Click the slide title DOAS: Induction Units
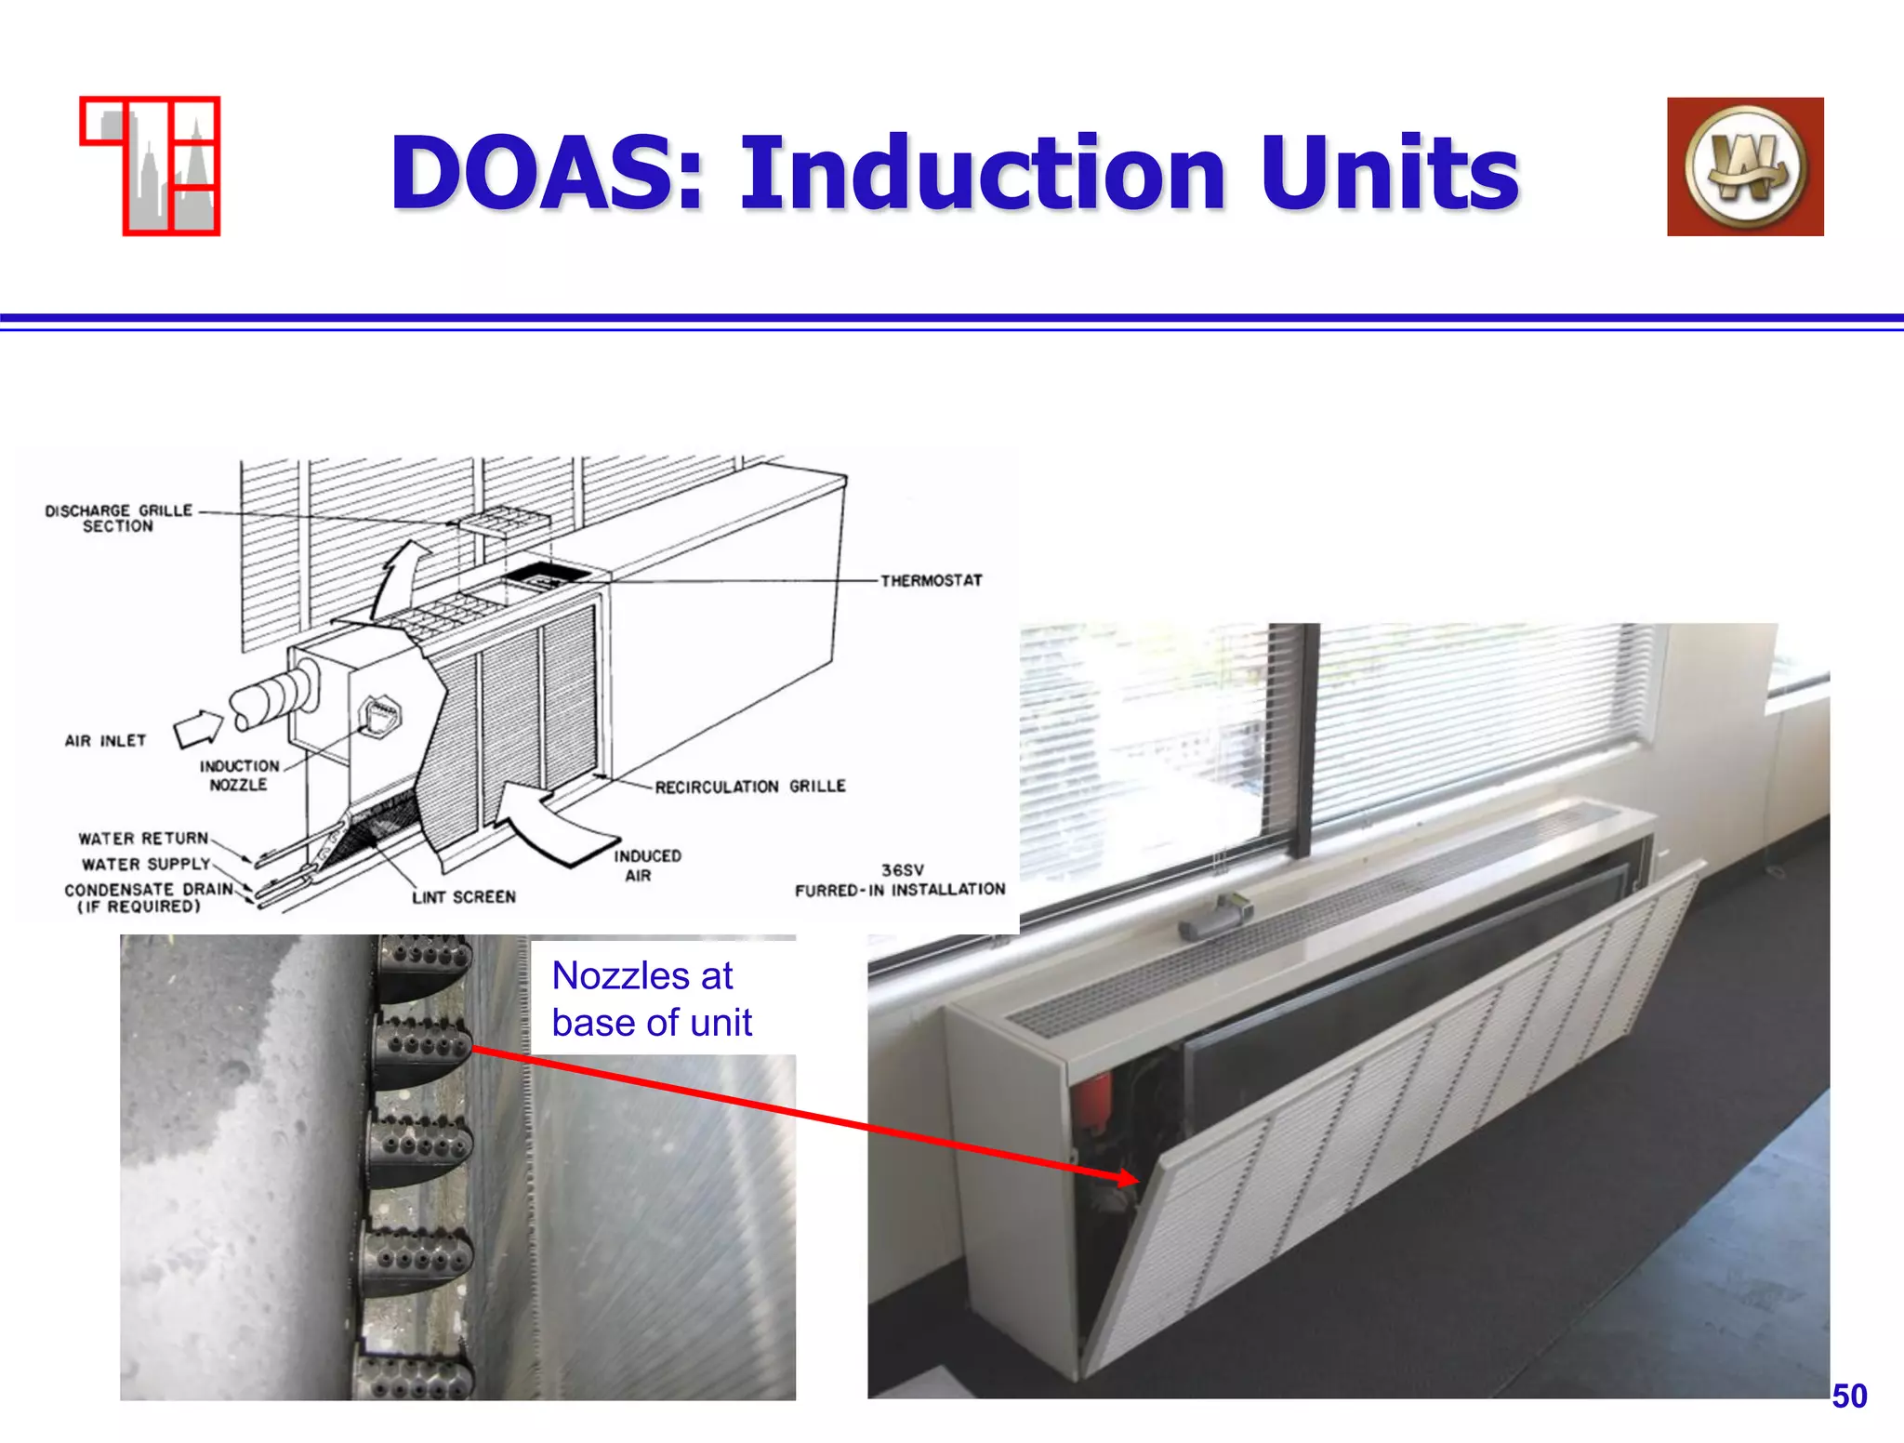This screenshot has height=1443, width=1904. pyautogui.click(x=954, y=173)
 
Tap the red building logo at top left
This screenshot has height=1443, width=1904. pyautogui.click(x=151, y=165)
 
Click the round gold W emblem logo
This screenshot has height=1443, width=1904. pyautogui.click(x=1745, y=166)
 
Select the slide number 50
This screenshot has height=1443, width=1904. pyautogui.click(x=1849, y=1396)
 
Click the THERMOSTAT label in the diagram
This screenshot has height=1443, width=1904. pyautogui.click(x=932, y=581)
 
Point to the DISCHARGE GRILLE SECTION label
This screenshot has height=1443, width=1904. pyautogui.click(x=118, y=518)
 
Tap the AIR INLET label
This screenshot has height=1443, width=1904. pyautogui.click(x=105, y=741)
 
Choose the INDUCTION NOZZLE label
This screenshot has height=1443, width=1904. pyautogui.click(x=239, y=775)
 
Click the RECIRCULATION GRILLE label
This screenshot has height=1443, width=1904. pyautogui.click(x=750, y=787)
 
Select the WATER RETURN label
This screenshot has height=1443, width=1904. pyautogui.click(x=143, y=839)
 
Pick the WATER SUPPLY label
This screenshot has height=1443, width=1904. pyautogui.click(x=146, y=865)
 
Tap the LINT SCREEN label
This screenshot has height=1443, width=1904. pyautogui.click(x=464, y=897)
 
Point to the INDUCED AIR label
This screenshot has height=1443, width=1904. pyautogui.click(x=647, y=866)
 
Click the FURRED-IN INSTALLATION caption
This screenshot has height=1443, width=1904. pyautogui.click(x=900, y=890)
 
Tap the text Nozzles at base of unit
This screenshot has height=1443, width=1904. pyautogui.click(x=651, y=1000)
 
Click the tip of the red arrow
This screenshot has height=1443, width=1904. pyautogui.click(x=1136, y=1180)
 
